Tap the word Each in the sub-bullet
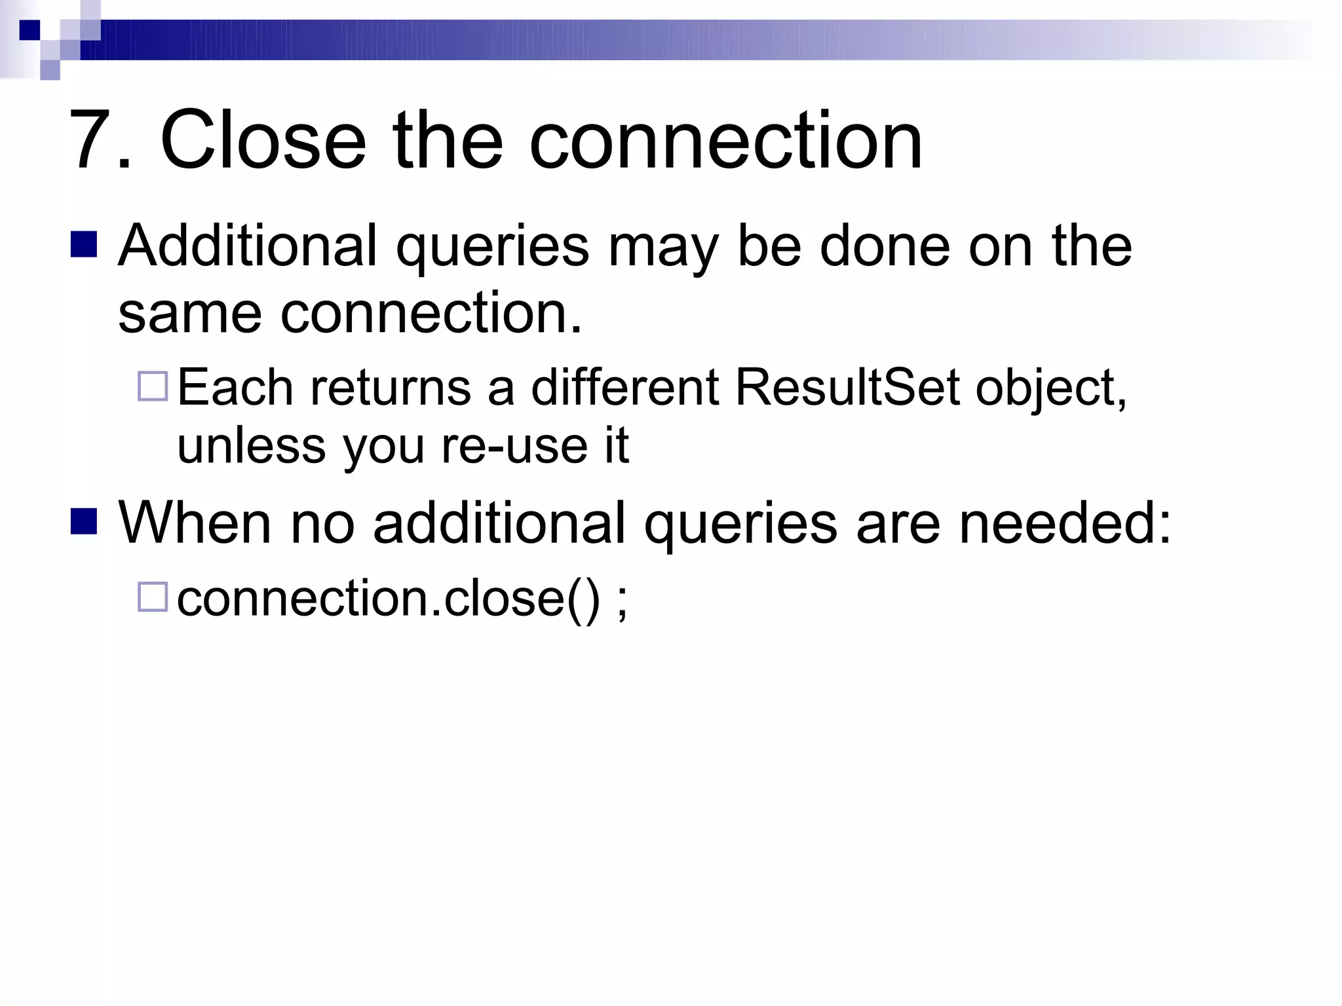tap(235, 387)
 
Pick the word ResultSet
tap(847, 387)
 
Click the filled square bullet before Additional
tap(84, 244)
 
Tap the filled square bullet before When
tap(84, 522)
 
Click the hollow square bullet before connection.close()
tap(153, 597)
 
